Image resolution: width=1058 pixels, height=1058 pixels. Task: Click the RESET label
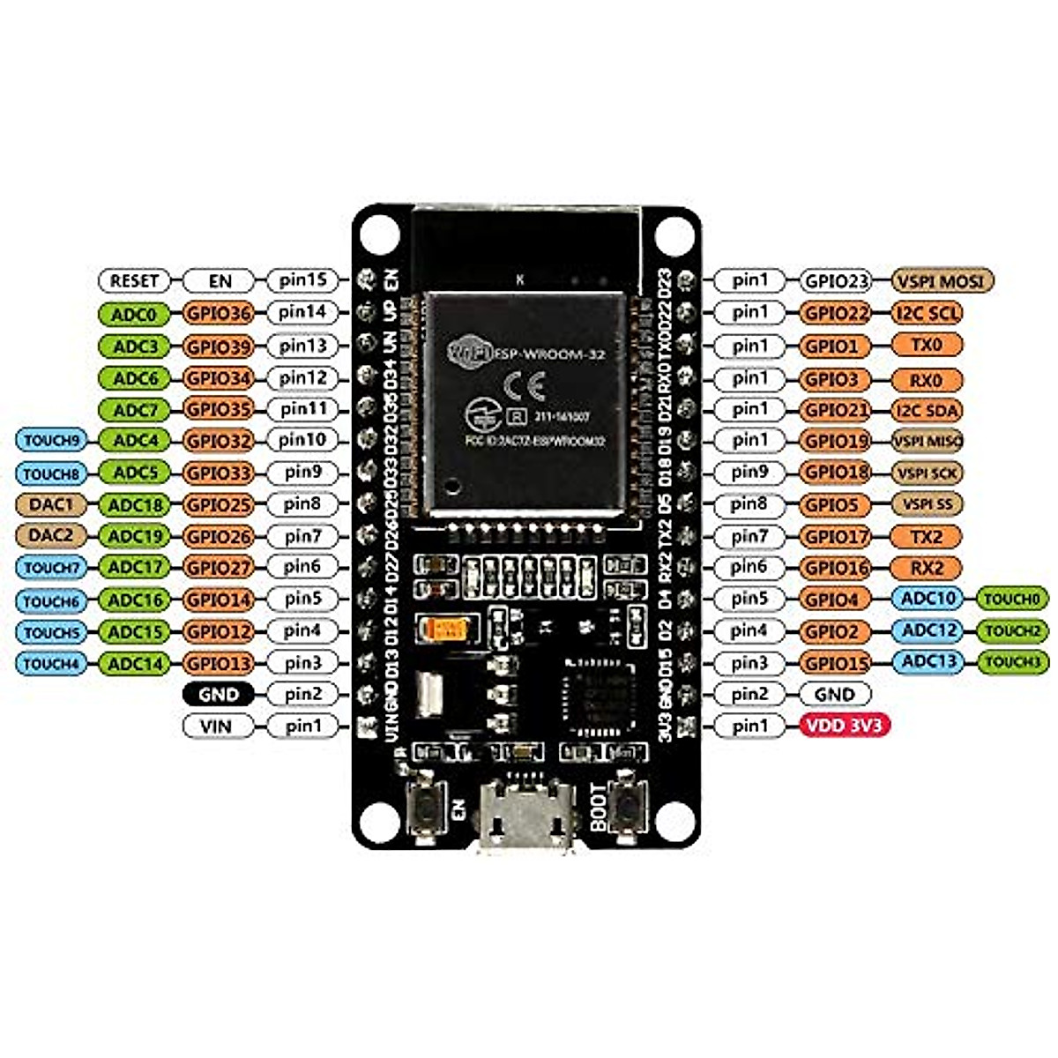(x=134, y=281)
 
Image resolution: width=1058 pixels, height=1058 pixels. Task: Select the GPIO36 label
(x=218, y=313)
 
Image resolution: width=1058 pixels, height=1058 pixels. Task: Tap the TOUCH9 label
(x=51, y=441)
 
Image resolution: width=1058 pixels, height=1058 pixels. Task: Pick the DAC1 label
(x=51, y=504)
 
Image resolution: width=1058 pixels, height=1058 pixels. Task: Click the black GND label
(x=218, y=694)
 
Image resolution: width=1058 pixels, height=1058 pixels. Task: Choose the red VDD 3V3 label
(x=845, y=726)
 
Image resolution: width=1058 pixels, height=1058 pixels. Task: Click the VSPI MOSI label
(x=943, y=281)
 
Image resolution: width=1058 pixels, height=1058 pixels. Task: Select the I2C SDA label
(x=927, y=410)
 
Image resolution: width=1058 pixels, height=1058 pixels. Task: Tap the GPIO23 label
(x=835, y=281)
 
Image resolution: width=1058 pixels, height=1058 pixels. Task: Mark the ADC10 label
(x=928, y=599)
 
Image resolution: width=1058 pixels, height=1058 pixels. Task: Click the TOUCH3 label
(x=1012, y=662)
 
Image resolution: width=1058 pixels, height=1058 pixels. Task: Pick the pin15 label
(x=302, y=280)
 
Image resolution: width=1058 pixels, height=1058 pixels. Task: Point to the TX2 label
(x=927, y=536)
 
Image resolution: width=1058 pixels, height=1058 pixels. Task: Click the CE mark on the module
(x=524, y=386)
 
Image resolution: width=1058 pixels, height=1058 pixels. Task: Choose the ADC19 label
(x=135, y=536)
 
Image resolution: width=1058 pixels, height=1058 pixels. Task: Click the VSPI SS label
(x=927, y=504)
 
